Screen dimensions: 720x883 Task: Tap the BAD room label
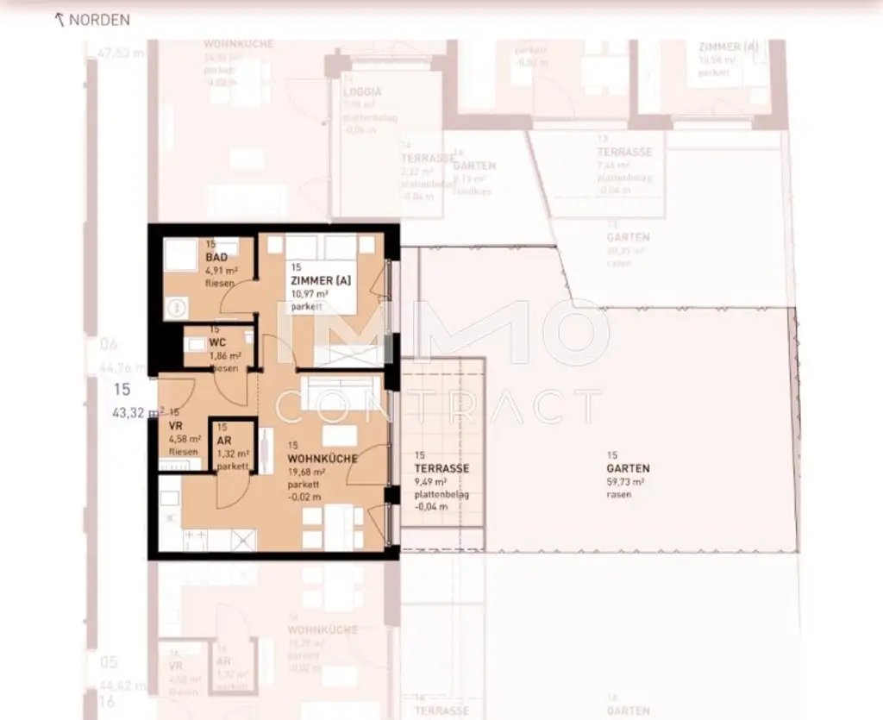216,258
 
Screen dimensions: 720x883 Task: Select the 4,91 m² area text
221,270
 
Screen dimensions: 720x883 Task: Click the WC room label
216,342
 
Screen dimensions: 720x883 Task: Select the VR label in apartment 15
175,426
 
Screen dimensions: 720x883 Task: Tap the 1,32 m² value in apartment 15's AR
232,454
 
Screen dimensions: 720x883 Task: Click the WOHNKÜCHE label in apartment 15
323,460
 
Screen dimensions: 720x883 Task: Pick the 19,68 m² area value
307,473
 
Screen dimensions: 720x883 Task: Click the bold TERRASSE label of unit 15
441,468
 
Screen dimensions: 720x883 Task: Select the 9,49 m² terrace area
432,482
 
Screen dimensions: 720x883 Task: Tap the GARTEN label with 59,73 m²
628,469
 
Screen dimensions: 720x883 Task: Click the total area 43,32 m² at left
138,413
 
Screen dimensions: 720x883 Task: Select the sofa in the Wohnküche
337,387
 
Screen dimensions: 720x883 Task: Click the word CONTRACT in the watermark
441,406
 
